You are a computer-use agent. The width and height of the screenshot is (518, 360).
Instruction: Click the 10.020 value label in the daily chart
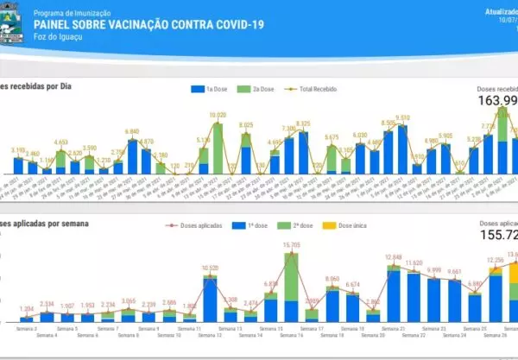click(218, 115)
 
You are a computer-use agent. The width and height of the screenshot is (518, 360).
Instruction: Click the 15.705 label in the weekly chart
click(291, 246)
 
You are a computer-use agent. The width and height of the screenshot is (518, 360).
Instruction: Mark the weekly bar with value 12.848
click(395, 294)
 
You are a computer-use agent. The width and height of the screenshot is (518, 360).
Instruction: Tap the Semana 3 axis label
click(26, 328)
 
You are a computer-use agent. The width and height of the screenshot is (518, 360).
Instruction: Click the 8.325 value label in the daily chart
click(302, 123)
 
